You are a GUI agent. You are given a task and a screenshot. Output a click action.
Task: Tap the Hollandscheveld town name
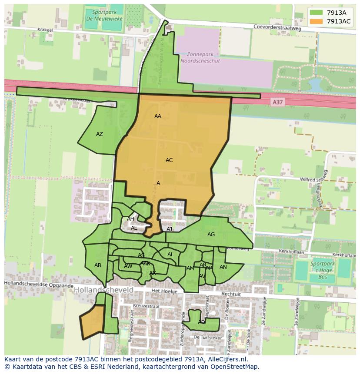[x=103, y=290]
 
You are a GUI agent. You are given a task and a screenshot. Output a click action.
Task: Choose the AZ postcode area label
[x=100, y=134]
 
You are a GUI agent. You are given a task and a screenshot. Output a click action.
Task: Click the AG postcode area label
[x=211, y=235]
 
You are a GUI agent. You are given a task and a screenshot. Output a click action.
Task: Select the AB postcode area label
[x=98, y=265]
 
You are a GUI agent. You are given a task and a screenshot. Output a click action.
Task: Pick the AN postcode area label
[x=223, y=267]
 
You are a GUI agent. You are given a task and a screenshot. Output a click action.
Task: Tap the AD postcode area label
[x=201, y=322]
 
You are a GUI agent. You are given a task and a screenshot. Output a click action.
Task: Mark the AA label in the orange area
[x=158, y=116]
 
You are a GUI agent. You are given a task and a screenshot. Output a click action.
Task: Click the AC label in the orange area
[x=169, y=160]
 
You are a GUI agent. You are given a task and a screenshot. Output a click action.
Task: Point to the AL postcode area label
[x=170, y=255]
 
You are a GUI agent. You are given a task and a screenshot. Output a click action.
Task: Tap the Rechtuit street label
[x=231, y=294]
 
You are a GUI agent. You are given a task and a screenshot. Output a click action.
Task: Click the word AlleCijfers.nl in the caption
[x=226, y=360]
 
